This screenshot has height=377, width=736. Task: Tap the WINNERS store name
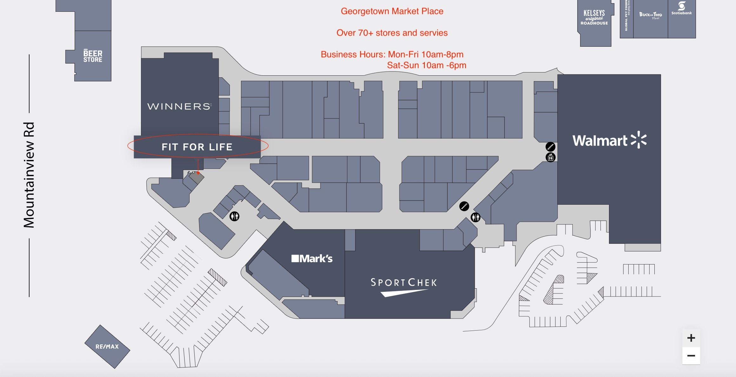[x=179, y=106]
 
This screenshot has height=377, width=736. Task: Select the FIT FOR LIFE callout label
[x=197, y=147]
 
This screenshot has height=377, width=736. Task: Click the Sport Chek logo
[x=404, y=286]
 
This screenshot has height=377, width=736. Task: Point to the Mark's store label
[x=312, y=258]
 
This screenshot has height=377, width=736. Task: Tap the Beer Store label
[x=93, y=56]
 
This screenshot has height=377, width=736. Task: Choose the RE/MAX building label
[x=107, y=346]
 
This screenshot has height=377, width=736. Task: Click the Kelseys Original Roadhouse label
[x=594, y=17]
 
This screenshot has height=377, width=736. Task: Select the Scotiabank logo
[x=681, y=8]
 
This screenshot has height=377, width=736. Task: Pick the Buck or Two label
[x=651, y=15]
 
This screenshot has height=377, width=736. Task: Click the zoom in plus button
[x=691, y=338]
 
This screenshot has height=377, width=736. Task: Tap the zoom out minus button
[x=691, y=356]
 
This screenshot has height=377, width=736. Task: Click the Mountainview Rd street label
[x=29, y=175]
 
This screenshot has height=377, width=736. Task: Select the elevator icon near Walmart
[x=550, y=157]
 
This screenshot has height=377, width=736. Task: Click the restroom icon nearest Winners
[x=234, y=216]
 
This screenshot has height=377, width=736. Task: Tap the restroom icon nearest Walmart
[x=475, y=217]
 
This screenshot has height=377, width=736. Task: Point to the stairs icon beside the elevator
[x=550, y=147]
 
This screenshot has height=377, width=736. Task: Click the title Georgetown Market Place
[x=392, y=11]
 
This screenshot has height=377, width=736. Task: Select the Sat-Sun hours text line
[x=426, y=65]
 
